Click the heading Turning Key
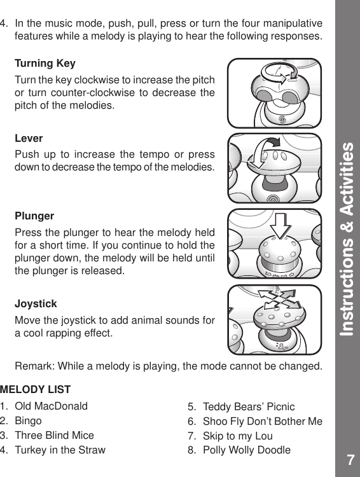click(x=45, y=64)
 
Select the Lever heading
click(x=29, y=138)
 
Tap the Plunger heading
click(x=34, y=216)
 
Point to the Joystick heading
click(x=36, y=304)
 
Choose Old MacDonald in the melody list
click(x=51, y=406)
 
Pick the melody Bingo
click(x=28, y=421)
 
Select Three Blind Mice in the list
click(x=54, y=436)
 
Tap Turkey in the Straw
click(x=60, y=450)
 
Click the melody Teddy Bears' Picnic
click(x=249, y=406)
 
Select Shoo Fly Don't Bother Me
click(x=262, y=422)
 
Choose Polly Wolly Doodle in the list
click(x=246, y=451)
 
